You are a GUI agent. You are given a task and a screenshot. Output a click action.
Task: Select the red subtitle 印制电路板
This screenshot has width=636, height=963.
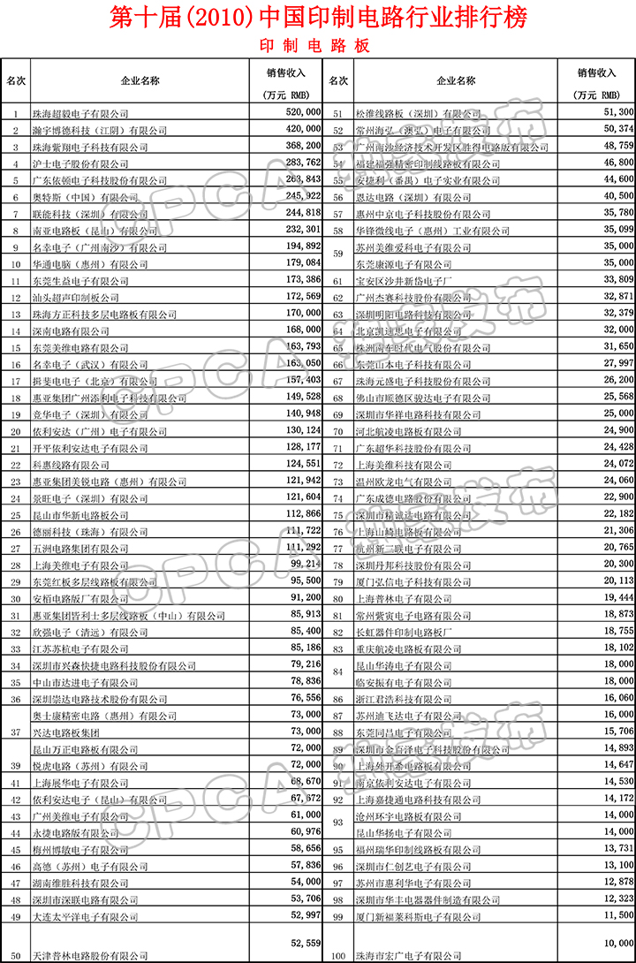[x=315, y=45]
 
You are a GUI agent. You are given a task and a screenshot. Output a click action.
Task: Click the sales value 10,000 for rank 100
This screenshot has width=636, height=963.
[x=617, y=943]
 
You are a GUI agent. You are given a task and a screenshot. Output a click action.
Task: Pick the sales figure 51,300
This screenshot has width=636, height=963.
[x=617, y=113]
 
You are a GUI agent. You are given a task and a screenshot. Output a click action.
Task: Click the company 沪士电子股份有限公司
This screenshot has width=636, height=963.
[x=75, y=163]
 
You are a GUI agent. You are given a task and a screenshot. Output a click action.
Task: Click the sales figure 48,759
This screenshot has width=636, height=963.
[x=617, y=147]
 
